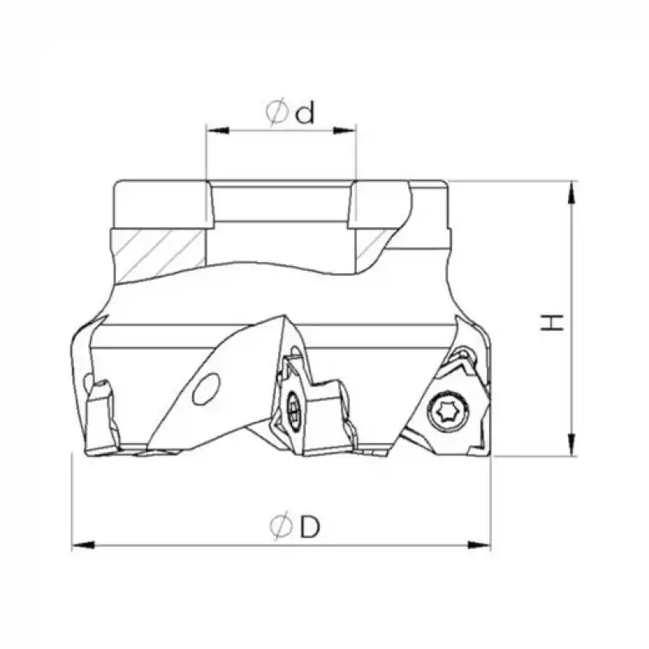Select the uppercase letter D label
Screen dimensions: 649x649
[309, 528]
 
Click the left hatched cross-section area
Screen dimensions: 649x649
[159, 251]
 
